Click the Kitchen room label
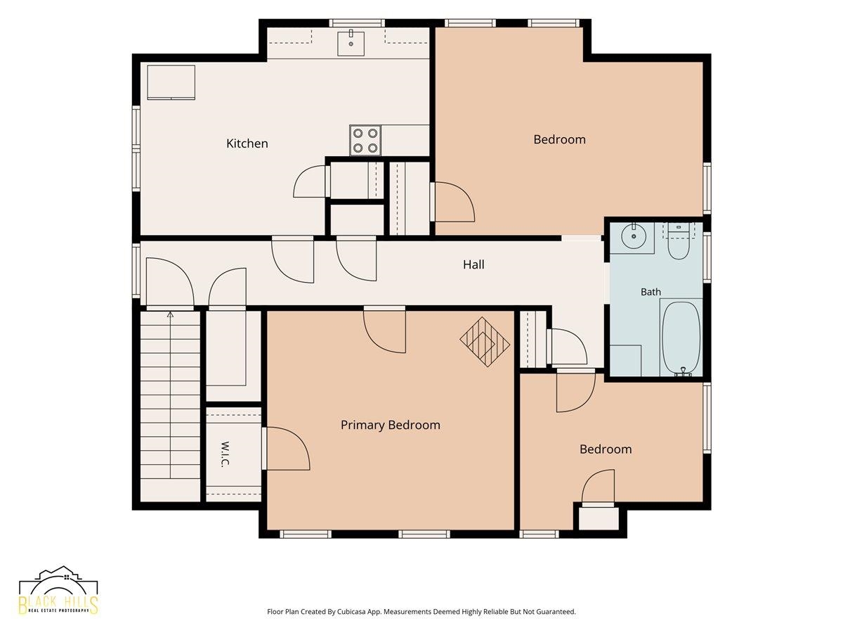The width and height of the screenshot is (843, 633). coord(247,143)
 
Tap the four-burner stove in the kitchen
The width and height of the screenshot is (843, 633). coord(365,140)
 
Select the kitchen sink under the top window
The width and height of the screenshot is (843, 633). coord(351,43)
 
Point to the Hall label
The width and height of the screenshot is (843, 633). coord(473,264)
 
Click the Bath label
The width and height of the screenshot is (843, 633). coord(651,292)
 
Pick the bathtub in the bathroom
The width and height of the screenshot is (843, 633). coord(681,337)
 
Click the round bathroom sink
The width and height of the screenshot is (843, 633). coord(634,236)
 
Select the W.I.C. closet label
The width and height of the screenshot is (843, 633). coord(226,454)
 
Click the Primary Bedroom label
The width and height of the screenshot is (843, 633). coord(390,425)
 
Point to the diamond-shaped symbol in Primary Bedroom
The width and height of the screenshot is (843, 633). coord(485,342)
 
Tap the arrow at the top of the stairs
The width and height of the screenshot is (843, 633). coord(170,315)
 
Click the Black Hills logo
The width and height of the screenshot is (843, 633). coord(58,595)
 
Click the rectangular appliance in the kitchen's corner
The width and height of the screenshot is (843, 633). coord(171,82)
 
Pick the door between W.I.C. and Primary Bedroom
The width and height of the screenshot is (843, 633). coord(286,448)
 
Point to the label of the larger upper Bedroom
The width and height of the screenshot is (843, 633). coord(560,139)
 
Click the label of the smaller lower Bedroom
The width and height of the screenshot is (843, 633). coord(606,449)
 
